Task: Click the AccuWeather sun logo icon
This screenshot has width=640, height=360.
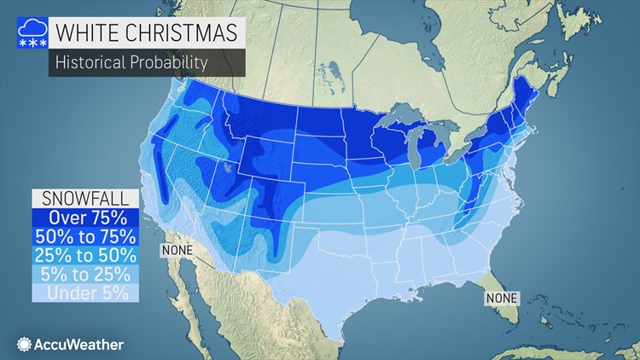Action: (x=23, y=345)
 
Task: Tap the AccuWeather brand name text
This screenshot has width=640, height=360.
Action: (x=79, y=345)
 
